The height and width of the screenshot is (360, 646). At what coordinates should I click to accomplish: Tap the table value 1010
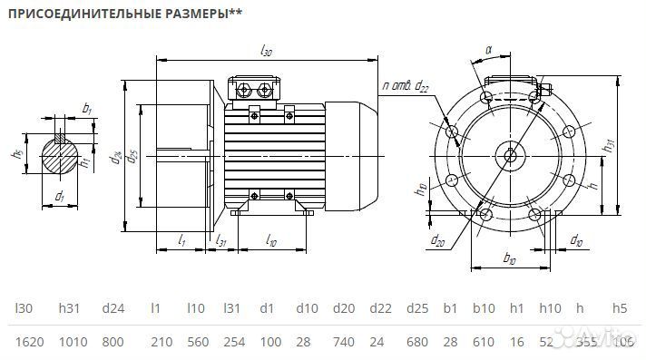point(69,341)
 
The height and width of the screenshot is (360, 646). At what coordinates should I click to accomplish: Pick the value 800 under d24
point(113,341)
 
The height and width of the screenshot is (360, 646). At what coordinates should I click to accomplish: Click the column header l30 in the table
point(24,308)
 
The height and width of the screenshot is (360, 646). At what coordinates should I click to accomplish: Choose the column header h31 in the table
point(69,308)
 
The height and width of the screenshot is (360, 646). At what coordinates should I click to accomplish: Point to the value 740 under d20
point(343,341)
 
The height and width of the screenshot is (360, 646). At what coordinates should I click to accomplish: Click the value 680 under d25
point(417,341)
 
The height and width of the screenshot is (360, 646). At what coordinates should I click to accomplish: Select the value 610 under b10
point(483,341)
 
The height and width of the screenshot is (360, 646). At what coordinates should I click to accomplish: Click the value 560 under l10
point(195,341)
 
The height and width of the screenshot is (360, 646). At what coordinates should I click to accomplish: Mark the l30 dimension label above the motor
point(266,52)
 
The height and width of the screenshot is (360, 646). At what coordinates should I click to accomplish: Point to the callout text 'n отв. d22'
point(406,86)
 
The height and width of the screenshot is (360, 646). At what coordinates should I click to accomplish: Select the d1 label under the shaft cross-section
point(59,195)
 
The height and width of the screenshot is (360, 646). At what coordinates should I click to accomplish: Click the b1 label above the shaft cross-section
point(87,109)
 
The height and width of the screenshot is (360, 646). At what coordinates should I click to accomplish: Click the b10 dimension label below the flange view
point(510,260)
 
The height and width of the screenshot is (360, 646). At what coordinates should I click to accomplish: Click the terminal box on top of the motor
point(257,89)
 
